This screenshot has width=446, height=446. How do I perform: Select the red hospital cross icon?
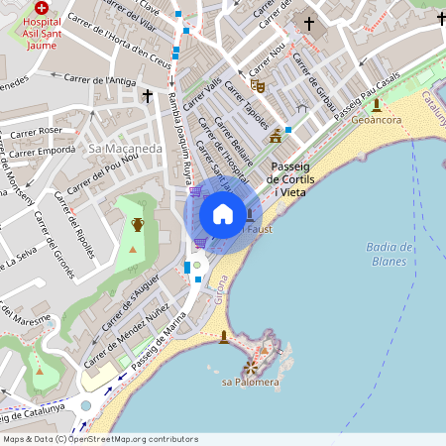(x=41, y=7)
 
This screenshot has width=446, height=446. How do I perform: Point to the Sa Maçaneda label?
(x=126, y=148)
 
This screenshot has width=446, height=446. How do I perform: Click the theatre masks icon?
(x=260, y=87)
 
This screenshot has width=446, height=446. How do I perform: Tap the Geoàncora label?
(x=377, y=119)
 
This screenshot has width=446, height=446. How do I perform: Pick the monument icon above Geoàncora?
(x=377, y=104)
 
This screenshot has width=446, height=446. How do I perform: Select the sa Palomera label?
(x=250, y=382)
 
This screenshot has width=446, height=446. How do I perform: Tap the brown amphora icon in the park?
(x=138, y=224)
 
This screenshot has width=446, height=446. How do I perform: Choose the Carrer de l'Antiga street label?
(x=100, y=78)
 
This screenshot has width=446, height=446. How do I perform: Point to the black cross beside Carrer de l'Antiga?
(x=149, y=96)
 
